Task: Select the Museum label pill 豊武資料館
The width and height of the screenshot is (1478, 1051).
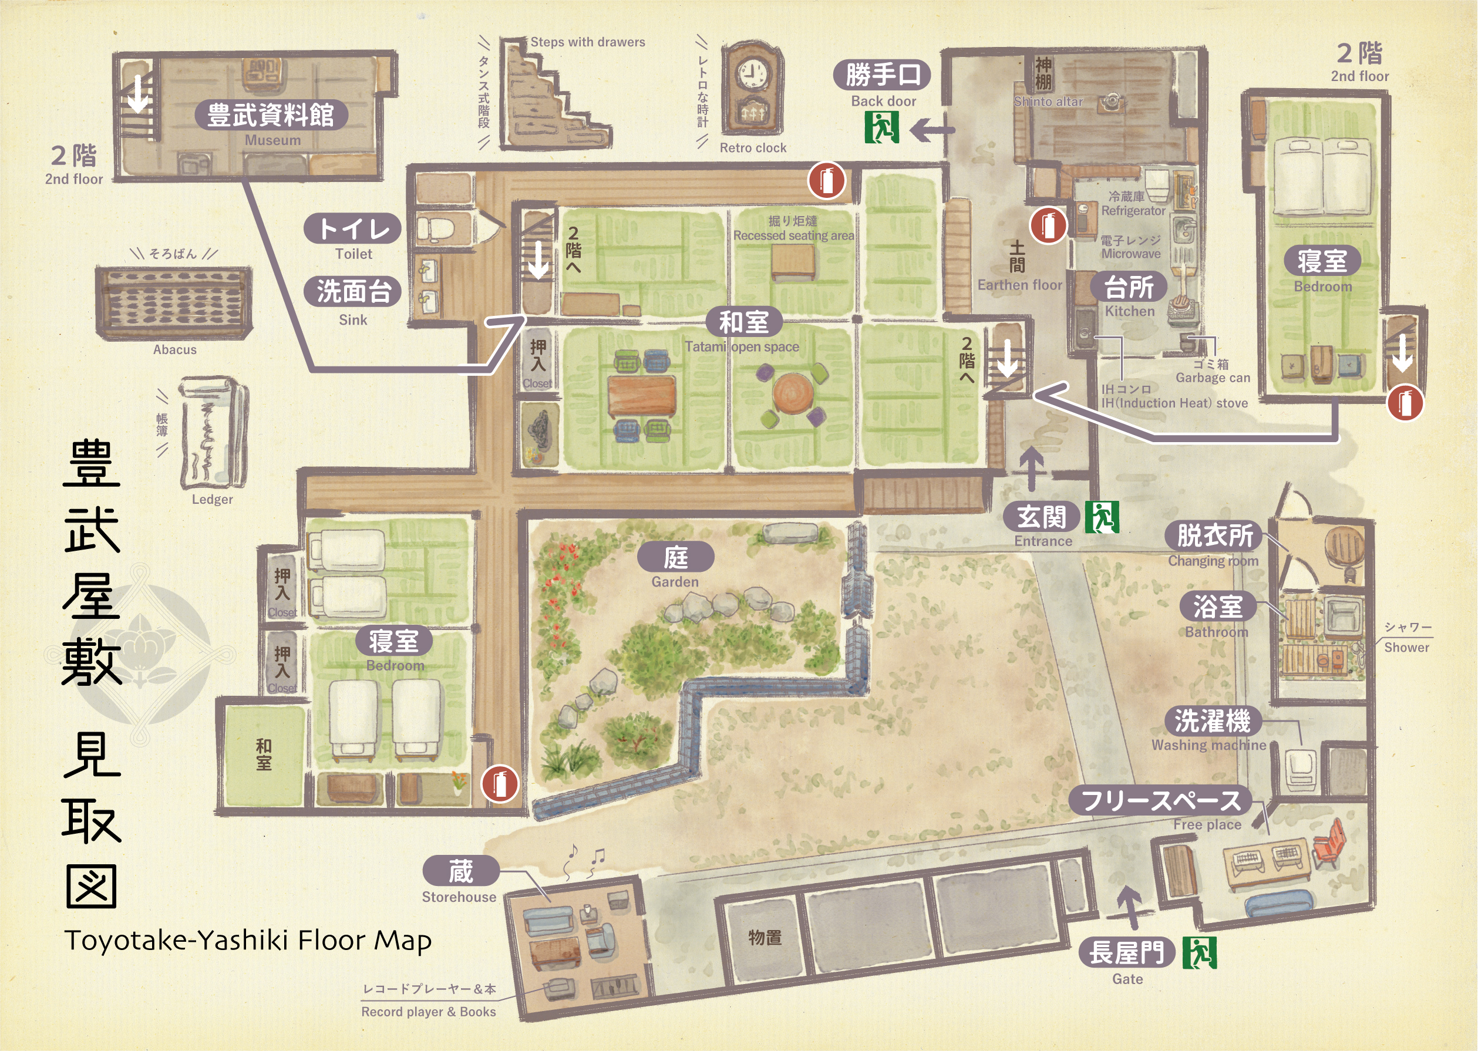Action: [x=271, y=115]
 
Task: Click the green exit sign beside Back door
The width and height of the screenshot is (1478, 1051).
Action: [x=881, y=127]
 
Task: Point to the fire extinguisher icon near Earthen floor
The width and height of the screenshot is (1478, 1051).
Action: [x=1048, y=226]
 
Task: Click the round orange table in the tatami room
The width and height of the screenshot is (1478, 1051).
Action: [x=792, y=393]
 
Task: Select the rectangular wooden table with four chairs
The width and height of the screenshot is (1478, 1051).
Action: [x=641, y=395]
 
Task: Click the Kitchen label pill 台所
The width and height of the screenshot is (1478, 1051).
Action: [x=1129, y=287]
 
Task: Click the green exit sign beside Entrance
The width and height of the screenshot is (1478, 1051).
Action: [x=1102, y=517]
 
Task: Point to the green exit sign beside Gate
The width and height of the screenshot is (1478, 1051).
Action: [x=1199, y=952]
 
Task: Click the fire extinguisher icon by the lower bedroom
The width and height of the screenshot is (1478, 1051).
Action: [x=499, y=784]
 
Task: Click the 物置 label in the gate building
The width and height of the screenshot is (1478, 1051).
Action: [x=765, y=937]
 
